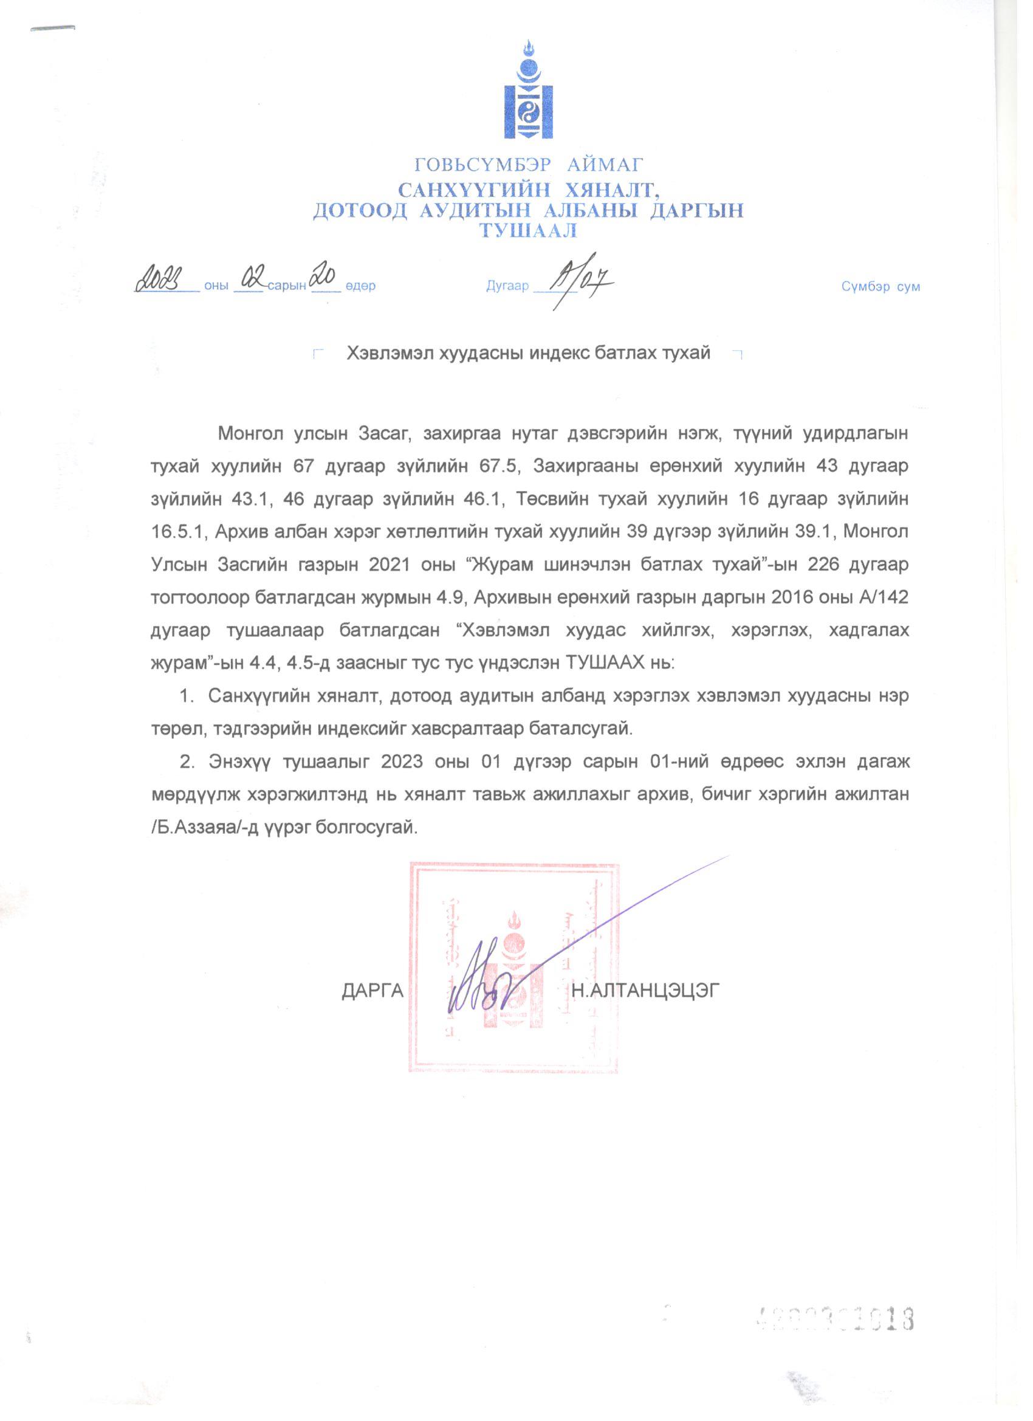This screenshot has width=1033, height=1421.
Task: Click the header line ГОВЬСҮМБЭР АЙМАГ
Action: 529,165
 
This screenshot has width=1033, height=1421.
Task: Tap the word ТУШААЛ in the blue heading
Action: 528,231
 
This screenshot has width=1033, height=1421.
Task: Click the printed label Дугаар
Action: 507,286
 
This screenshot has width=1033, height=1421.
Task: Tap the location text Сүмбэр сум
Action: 880,287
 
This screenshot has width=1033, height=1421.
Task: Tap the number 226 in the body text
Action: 826,565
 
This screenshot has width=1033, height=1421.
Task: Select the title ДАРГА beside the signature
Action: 372,991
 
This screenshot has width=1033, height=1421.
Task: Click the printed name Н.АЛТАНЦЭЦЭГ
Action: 646,991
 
